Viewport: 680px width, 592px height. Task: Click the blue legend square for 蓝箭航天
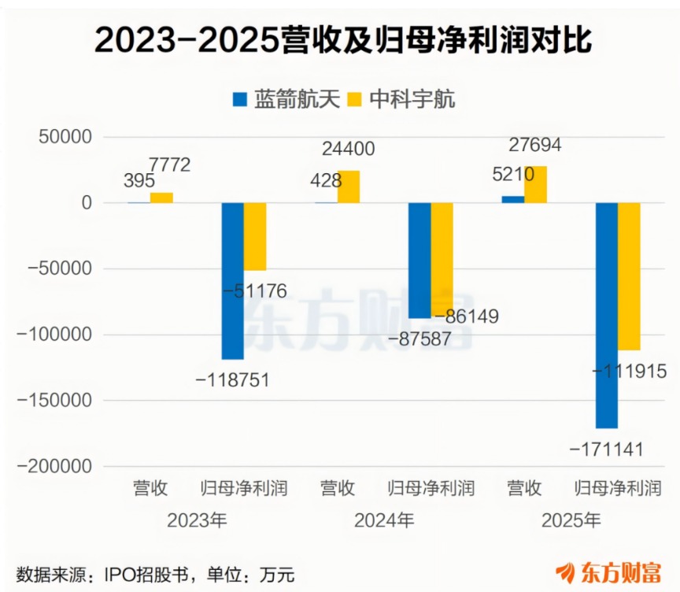coord(240,100)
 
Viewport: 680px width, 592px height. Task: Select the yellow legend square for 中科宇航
coord(355,100)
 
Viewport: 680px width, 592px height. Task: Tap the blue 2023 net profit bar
coord(233,281)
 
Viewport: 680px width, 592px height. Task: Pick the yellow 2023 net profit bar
coord(255,237)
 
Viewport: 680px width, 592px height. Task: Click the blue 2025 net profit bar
coord(607,316)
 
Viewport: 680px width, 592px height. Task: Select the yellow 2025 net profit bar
coord(630,276)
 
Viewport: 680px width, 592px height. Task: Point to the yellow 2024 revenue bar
coord(349,187)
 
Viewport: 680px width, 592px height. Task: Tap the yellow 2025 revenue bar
coord(536,185)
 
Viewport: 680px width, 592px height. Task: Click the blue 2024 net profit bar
coord(419,261)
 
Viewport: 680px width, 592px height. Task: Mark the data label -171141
coord(606,450)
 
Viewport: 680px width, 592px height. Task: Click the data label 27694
coord(534,145)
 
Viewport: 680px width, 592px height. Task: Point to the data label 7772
coord(169,165)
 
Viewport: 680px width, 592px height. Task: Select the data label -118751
coord(232,380)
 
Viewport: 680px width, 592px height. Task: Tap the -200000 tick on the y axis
coord(54,467)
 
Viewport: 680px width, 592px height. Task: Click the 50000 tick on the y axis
coord(65,137)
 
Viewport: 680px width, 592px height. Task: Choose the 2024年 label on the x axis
coord(384,520)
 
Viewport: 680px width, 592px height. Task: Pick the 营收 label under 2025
coord(525,488)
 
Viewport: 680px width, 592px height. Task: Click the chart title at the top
coord(343,40)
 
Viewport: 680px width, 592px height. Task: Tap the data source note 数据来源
coord(155,575)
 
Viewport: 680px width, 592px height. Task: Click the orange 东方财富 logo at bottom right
coord(608,573)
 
